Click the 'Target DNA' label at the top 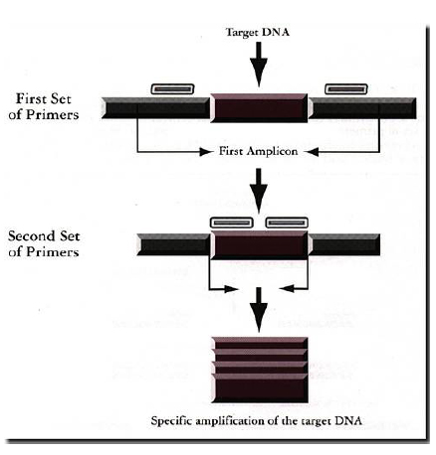[x=258, y=32]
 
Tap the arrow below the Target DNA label [x=259, y=65]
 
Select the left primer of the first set [x=172, y=89]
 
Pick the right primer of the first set [x=346, y=89]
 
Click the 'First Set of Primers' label [x=44, y=106]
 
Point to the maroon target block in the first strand [x=259, y=108]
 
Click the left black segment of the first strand [x=155, y=108]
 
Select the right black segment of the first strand [x=362, y=108]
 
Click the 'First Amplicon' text [x=258, y=151]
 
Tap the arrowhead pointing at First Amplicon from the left [x=206, y=152]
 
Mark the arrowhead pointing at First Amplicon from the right [x=312, y=152]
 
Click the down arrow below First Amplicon [x=259, y=191]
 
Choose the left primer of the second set [x=232, y=223]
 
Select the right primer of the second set [x=287, y=223]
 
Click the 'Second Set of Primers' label [x=44, y=244]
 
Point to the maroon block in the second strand [x=259, y=245]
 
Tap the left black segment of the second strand [x=173, y=244]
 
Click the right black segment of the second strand [x=344, y=244]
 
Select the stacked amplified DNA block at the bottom [x=260, y=371]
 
